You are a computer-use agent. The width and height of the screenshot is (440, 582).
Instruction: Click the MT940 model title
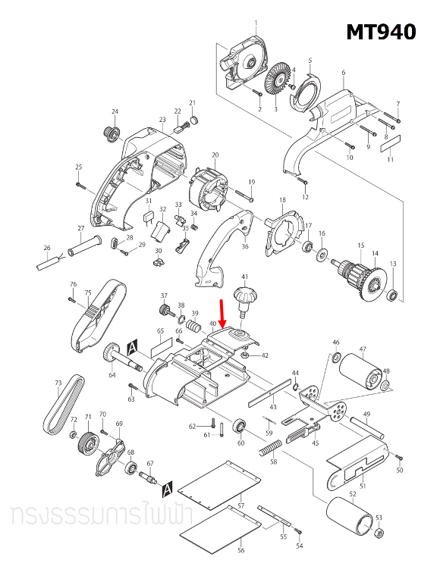tap(381, 32)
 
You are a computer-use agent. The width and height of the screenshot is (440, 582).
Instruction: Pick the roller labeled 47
tap(362, 373)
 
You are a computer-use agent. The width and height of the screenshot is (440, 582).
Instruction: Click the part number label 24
tap(115, 112)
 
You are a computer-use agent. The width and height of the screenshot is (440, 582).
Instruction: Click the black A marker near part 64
tap(132, 347)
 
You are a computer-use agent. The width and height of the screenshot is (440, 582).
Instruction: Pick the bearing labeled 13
tap(392, 294)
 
